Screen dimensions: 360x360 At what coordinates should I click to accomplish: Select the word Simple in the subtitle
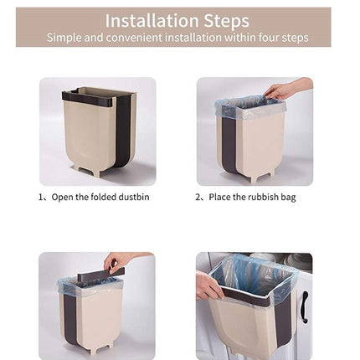64,38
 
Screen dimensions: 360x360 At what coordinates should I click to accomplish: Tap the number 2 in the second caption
198,198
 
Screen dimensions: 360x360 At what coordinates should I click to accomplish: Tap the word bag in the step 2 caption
289,198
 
